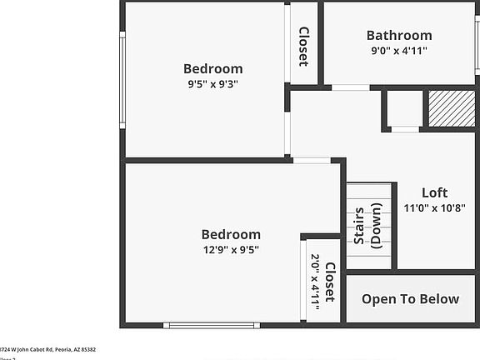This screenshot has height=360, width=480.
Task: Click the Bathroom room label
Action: point(399,35)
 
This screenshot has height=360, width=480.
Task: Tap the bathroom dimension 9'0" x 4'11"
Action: point(399,50)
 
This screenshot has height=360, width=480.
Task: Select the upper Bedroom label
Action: point(212,68)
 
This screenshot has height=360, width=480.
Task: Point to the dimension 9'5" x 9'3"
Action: point(212,83)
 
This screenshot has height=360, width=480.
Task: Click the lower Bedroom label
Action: point(231,234)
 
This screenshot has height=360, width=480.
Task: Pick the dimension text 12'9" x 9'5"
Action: point(231,249)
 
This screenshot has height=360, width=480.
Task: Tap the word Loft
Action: point(434,192)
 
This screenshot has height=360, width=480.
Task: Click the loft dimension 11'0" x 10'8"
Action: point(434,207)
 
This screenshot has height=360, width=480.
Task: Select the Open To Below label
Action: point(410,299)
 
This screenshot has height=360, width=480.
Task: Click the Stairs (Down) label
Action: point(367,227)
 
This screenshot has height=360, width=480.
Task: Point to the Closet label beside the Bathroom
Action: point(303,46)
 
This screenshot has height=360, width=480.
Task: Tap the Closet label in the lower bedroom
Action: point(330,282)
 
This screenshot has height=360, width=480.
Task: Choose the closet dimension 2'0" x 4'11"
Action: point(315,282)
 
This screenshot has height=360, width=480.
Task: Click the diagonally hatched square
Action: point(451,108)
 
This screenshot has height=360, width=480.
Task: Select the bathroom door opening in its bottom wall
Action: point(351,87)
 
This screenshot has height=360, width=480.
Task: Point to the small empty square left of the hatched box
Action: point(405,108)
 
